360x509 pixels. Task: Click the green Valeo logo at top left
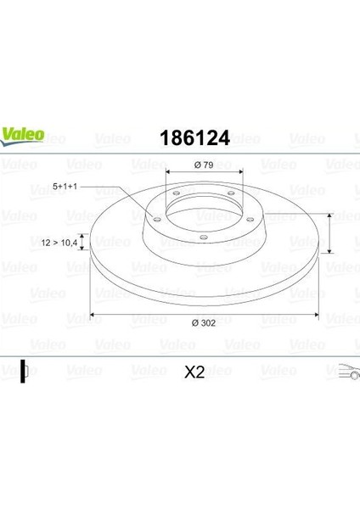(x=22, y=136)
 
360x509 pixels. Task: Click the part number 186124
(x=194, y=138)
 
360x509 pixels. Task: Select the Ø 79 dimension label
(x=204, y=165)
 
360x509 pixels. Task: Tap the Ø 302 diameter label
(x=204, y=323)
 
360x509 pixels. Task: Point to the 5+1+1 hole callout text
(x=65, y=187)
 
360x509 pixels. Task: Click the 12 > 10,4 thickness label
(x=59, y=242)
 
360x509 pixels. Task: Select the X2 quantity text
(x=194, y=372)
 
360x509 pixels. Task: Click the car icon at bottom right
(x=349, y=372)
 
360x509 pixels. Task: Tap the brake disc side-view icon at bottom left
(x=25, y=371)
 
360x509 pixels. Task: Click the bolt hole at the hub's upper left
(x=176, y=193)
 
